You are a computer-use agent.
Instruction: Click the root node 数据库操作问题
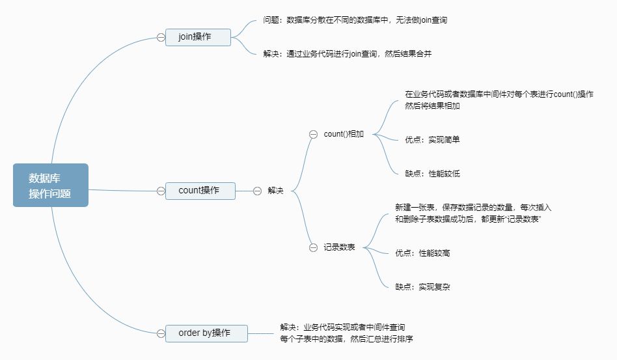[x=50, y=185]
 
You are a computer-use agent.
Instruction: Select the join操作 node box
[x=198, y=37]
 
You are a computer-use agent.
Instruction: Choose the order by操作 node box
[x=206, y=333]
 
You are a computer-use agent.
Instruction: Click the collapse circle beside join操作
[x=161, y=37]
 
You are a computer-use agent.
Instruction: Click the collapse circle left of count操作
[x=161, y=191]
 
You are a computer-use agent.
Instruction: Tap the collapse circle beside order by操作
[x=161, y=333]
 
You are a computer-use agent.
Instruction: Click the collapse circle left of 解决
[x=256, y=191]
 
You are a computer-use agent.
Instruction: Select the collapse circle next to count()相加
[x=313, y=134]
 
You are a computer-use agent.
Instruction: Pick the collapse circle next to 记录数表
[x=313, y=247]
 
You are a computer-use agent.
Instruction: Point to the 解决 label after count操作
[x=276, y=191]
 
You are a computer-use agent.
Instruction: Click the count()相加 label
[x=344, y=134]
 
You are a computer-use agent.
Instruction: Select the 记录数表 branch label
[x=340, y=247]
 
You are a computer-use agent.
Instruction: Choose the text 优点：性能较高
[x=422, y=253]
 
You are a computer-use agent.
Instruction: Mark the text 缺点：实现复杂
[x=422, y=286]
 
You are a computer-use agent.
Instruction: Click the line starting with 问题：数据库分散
[x=355, y=20]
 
